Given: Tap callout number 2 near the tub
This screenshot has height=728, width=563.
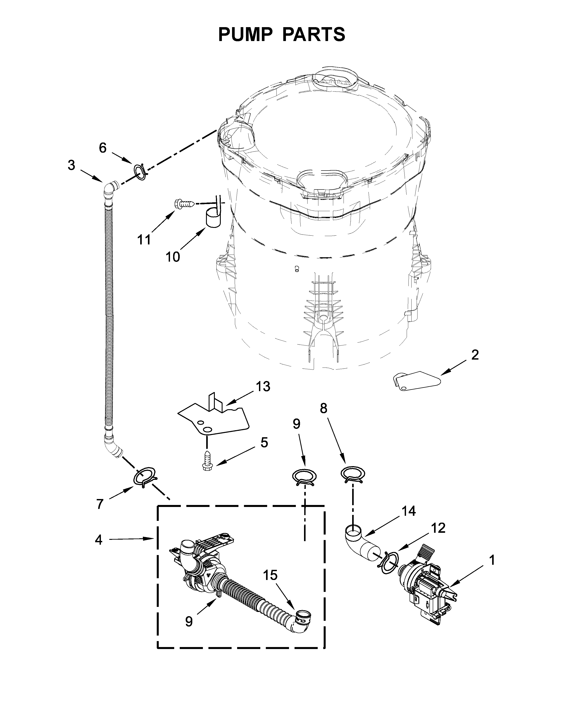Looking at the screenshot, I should click(475, 355).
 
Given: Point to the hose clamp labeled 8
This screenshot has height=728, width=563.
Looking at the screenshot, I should click(353, 474).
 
